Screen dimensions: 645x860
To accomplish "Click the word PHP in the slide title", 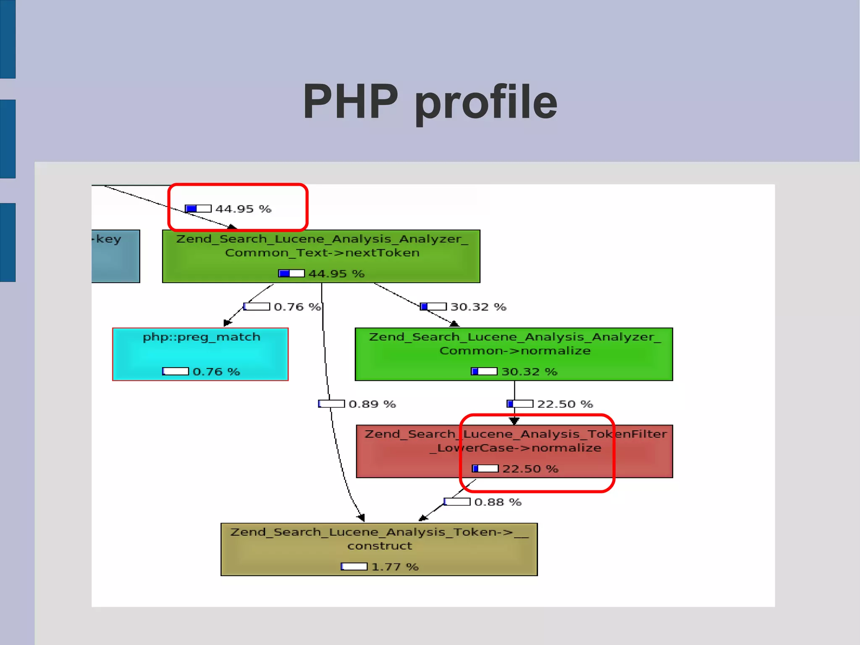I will coord(350,102).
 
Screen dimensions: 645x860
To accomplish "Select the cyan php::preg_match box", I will coord(200,354).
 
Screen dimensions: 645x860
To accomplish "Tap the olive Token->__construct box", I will coord(379,549).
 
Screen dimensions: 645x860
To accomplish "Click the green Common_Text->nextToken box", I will coord(321,256).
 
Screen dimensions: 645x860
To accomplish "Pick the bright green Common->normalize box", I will coord(514,354).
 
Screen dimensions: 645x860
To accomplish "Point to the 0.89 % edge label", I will coord(372,404).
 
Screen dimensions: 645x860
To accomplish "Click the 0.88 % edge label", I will coord(498,502).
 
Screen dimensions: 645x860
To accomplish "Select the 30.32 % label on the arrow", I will coord(478,307).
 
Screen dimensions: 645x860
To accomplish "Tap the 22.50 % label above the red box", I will coord(565,404).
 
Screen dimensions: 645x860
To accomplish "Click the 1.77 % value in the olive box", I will coord(395,567).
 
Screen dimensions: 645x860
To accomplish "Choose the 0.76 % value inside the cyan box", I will coord(216,372).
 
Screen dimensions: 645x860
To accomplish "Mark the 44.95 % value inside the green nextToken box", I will coord(336,274).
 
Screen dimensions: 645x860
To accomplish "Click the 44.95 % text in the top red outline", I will coord(243,209).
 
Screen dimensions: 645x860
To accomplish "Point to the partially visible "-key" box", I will coord(115,256).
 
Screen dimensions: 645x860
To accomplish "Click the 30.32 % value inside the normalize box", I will coord(529,372).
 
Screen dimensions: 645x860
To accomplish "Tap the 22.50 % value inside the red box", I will coord(530,469).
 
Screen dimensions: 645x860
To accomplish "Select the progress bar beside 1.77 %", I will coord(354,567).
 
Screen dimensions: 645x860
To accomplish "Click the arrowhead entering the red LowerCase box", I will coord(514,421).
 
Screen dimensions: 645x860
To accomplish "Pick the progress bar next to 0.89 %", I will coord(331,404).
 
